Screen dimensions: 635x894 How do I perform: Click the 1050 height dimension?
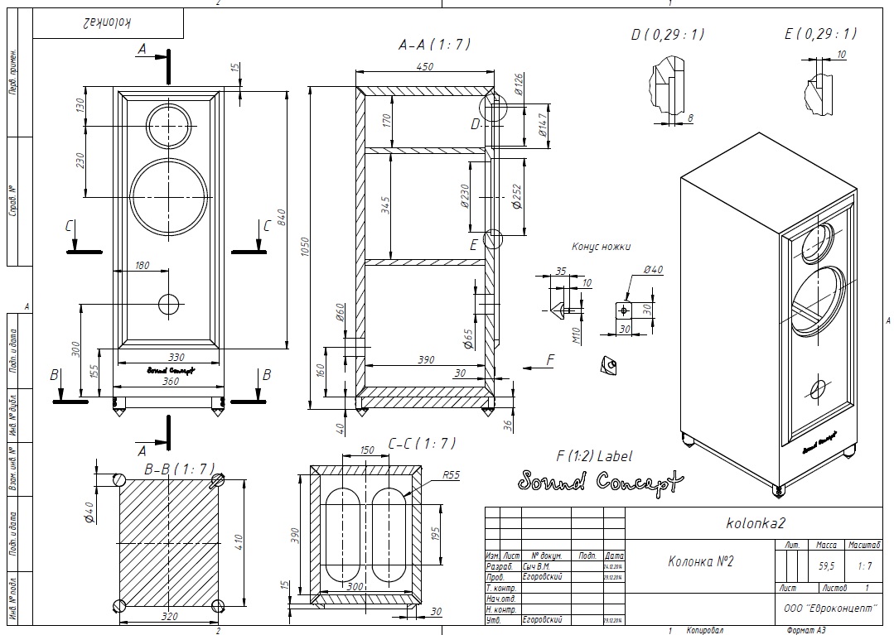pos(306,246)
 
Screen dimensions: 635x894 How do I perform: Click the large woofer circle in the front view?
pos(168,198)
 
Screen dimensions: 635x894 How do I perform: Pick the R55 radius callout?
pos(452,475)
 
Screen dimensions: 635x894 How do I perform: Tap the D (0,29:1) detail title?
pos(667,34)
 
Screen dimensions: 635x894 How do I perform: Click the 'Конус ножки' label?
pos(601,247)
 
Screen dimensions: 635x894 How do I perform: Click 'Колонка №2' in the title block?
pos(700,561)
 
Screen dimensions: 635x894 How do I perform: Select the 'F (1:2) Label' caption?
pos(593,455)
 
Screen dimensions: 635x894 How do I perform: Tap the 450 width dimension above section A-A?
pos(424,68)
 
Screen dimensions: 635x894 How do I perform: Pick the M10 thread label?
pos(577,333)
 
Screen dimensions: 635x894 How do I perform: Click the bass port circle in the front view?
pos(168,304)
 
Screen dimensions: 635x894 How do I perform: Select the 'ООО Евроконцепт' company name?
pos(829,607)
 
